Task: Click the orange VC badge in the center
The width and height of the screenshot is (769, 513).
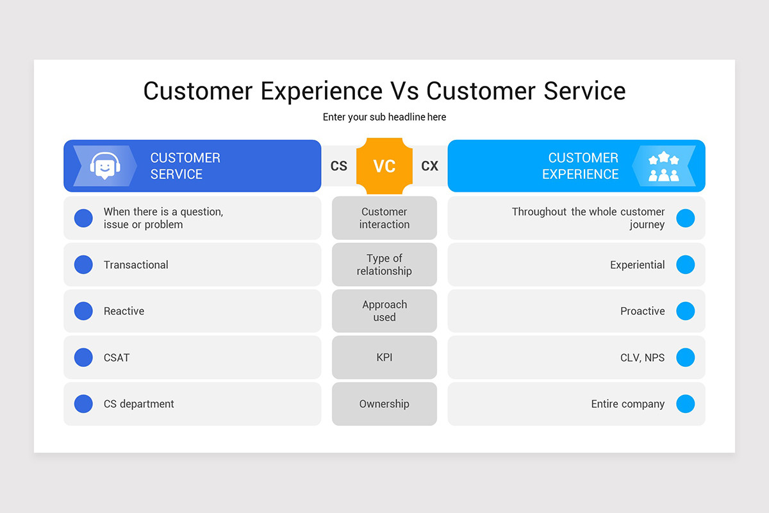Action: point(384,166)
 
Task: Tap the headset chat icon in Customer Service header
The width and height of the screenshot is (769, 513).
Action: point(105,166)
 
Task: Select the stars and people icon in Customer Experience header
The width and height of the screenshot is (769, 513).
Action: point(663,166)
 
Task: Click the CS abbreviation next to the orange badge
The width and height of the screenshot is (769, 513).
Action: point(339,166)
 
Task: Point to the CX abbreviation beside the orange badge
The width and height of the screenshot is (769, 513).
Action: point(430,166)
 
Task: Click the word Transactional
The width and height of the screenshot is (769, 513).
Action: point(136,265)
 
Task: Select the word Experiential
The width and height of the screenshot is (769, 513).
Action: point(637,265)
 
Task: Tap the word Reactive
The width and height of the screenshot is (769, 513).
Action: point(124,311)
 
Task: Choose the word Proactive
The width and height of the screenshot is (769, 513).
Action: point(642,311)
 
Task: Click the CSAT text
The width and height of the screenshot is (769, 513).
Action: point(117,358)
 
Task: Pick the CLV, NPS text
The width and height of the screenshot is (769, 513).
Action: point(642,358)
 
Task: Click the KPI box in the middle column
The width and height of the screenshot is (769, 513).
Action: point(384,358)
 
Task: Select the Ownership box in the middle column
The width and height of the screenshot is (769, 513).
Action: point(384,404)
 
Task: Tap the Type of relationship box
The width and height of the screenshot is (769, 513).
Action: point(384,265)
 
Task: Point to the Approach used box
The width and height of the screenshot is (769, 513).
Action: point(384,311)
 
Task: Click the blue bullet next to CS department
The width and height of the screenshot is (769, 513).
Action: point(83,404)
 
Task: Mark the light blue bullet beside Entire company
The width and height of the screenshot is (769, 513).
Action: point(685,404)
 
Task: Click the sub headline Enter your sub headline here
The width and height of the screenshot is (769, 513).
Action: point(384,117)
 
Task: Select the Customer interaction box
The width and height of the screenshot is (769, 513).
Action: point(384,218)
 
